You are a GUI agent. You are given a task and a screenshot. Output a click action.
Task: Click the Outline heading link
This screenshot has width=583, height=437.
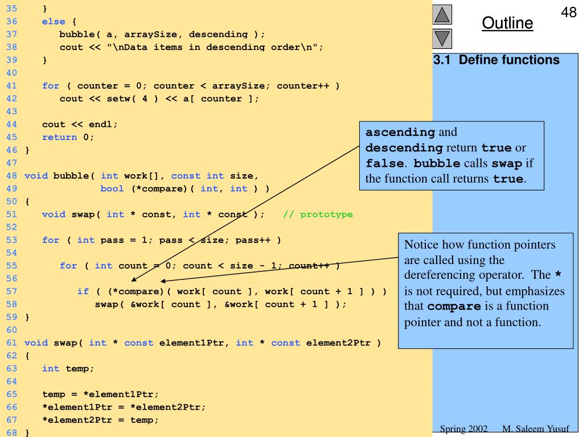coord(507,23)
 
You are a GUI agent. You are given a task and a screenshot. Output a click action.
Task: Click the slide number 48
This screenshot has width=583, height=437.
coord(569,12)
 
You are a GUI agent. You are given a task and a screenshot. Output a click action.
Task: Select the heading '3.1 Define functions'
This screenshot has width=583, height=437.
coord(496,60)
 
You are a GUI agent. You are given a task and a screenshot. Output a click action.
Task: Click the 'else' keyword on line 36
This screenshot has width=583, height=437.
coord(54,22)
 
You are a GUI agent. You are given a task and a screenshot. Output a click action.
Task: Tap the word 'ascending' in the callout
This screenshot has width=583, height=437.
coord(400,132)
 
